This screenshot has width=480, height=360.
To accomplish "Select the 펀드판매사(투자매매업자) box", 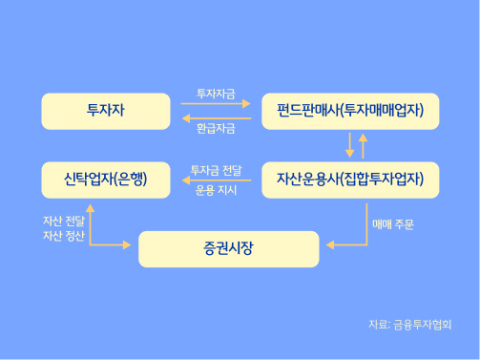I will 350,112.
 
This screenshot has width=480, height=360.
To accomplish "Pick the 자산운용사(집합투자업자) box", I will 350,179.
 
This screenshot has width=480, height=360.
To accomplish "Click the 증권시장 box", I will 229,249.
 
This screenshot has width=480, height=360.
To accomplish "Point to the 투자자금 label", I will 216,94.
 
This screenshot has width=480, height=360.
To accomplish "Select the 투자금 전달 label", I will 216,170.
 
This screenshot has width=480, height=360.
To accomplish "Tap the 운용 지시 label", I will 216,190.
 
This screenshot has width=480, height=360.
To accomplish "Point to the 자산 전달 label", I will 64,220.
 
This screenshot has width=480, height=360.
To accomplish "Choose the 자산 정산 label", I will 64,235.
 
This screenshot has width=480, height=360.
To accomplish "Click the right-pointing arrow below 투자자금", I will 216,105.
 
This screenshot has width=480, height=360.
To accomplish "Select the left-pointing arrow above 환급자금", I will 216,117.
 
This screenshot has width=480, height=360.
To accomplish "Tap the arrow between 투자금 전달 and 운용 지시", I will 216,180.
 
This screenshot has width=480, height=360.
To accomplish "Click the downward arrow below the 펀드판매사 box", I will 350,145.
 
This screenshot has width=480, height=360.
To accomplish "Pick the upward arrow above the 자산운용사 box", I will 363,145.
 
